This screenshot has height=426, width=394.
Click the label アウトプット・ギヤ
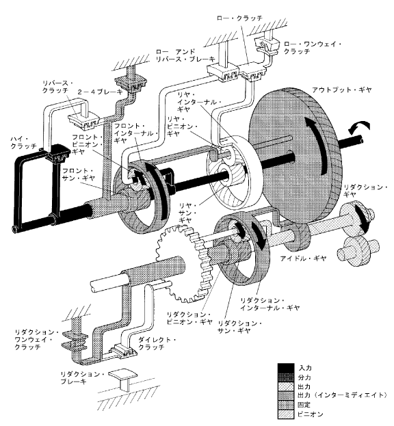[x=341, y=90]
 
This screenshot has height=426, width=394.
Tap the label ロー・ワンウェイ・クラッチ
[x=313, y=48]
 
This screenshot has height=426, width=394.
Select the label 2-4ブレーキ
[x=101, y=92]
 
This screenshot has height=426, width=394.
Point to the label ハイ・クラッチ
[x=24, y=142]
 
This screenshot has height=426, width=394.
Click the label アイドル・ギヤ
[x=303, y=258]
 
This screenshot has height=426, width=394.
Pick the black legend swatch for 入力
[x=286, y=368]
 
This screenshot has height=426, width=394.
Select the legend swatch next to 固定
[x=286, y=405]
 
